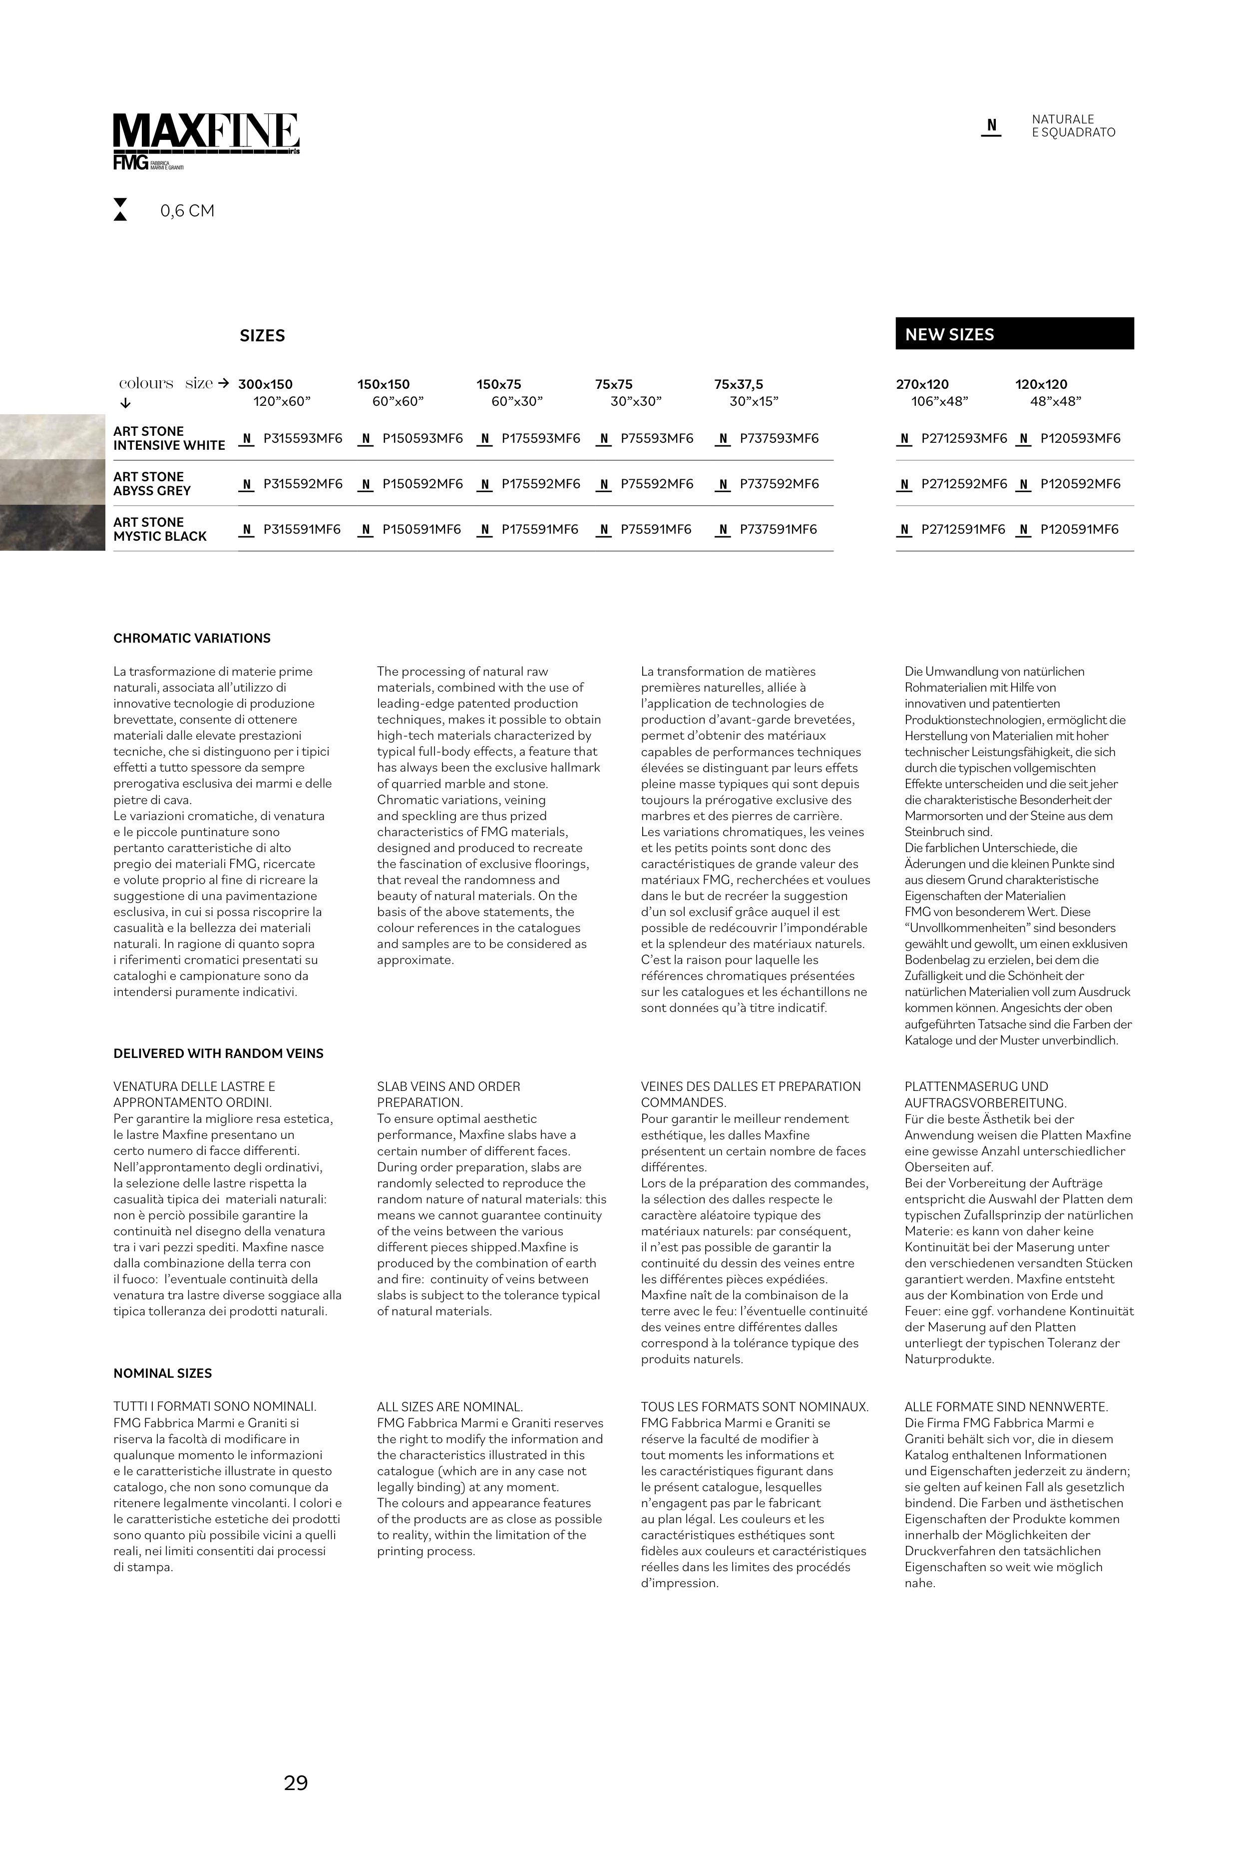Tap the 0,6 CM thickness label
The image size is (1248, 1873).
(187, 211)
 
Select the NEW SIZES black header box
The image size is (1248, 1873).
(1014, 334)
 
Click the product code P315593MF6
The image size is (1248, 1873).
(303, 439)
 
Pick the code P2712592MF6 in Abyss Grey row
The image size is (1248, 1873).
(963, 484)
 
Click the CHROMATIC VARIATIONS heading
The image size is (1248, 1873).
(192, 639)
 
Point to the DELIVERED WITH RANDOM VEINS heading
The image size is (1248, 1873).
(218, 1053)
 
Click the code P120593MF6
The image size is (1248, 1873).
(1080, 439)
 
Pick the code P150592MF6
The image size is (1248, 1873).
(422, 484)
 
